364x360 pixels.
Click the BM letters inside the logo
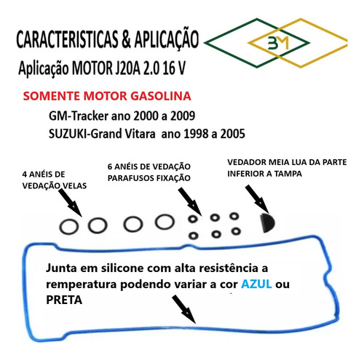pos(279,43)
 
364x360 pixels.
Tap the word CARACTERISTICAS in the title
pos(67,39)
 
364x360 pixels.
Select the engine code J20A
pos(127,68)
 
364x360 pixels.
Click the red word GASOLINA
pos(161,96)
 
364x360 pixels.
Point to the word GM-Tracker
pos(79,116)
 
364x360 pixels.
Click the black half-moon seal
pos(267,223)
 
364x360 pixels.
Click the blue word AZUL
pos(256,284)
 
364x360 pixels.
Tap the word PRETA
pos(64,300)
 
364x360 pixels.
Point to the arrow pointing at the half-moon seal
pos(256,199)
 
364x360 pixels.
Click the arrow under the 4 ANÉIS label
pos(70,203)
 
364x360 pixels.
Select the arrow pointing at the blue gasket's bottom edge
pos(183,309)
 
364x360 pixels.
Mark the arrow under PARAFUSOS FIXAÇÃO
pos(190,201)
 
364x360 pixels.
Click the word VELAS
pos(75,185)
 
